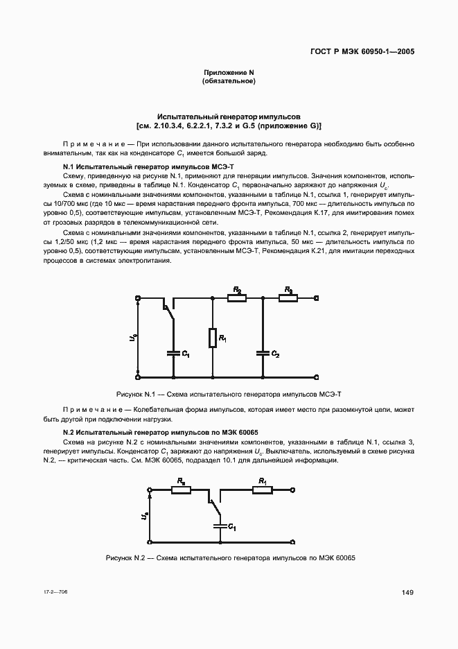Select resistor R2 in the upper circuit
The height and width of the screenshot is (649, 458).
[237, 298]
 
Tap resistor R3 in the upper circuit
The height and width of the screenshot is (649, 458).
[288, 298]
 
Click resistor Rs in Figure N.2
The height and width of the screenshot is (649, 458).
[182, 490]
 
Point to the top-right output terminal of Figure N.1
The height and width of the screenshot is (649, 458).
[317, 298]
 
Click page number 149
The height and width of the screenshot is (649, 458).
[408, 592]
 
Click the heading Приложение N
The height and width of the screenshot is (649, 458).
[229, 73]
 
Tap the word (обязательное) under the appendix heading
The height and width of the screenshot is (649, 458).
[229, 82]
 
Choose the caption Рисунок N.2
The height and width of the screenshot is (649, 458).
[229, 558]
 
